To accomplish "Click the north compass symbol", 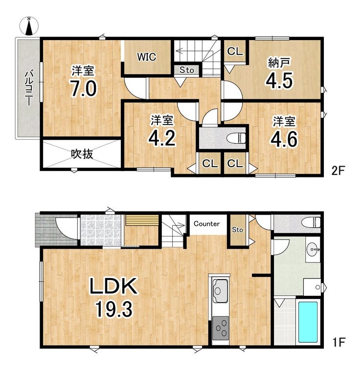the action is pyautogui.click(x=29, y=26).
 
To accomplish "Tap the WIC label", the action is pyautogui.click(x=147, y=57).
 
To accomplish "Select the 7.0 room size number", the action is pyautogui.click(x=84, y=88).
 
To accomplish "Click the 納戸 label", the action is pyautogui.click(x=279, y=63).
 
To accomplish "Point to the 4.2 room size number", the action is pyautogui.click(x=162, y=138).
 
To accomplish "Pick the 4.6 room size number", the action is pyautogui.click(x=284, y=139).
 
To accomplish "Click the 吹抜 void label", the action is pyautogui.click(x=82, y=154).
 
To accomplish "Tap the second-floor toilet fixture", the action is pyautogui.click(x=236, y=138).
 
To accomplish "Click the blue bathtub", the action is pyautogui.click(x=308, y=322).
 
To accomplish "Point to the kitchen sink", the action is pyautogui.click(x=220, y=290).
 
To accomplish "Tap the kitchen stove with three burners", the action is pyautogui.click(x=220, y=328).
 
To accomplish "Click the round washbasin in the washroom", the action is pyautogui.click(x=313, y=250).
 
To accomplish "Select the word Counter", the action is pyautogui.click(x=206, y=223).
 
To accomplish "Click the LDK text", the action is pyautogui.click(x=113, y=286).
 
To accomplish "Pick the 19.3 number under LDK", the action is pyautogui.click(x=113, y=309).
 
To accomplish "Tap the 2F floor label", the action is pyautogui.click(x=339, y=171).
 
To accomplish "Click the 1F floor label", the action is pyautogui.click(x=339, y=342).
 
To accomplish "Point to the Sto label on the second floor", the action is pyautogui.click(x=186, y=70).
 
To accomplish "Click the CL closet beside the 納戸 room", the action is pyautogui.click(x=235, y=51).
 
